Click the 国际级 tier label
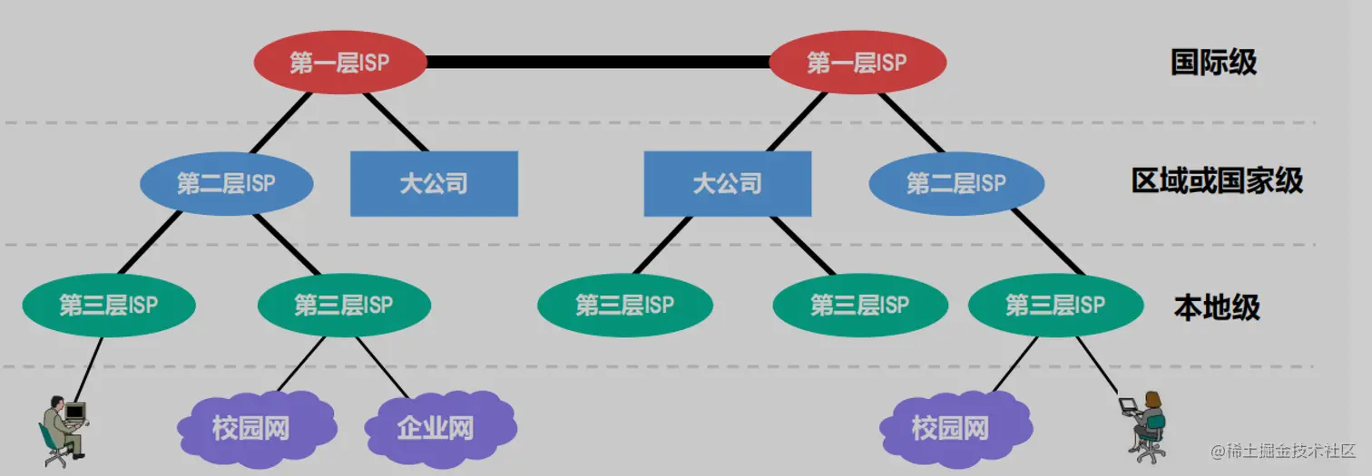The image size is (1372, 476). click(x=1213, y=63)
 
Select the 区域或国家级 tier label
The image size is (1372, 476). click(x=1217, y=181)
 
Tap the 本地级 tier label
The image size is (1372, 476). click(x=1216, y=307)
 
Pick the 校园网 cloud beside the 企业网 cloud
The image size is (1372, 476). click(x=251, y=427)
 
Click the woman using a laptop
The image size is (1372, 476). click(x=1149, y=423)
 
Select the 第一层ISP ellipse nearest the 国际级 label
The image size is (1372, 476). click(x=857, y=63)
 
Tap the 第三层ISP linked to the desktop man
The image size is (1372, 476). click(x=108, y=305)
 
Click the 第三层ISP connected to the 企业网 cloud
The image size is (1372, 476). click(x=343, y=305)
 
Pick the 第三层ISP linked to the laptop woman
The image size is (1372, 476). click(x=1054, y=305)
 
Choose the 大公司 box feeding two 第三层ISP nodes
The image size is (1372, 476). click(x=727, y=184)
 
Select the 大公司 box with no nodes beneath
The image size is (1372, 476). click(x=434, y=184)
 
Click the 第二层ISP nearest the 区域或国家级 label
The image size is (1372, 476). click(x=955, y=183)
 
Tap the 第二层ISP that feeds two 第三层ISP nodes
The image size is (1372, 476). click(x=226, y=184)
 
